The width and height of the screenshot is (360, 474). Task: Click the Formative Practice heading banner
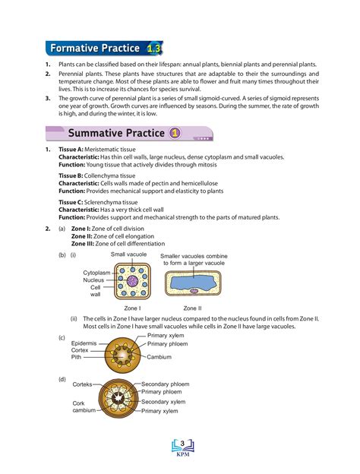pyautogui.click(x=95, y=49)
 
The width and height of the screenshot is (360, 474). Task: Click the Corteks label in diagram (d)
pyautogui.click(x=82, y=384)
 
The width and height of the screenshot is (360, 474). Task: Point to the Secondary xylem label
pyautogui.click(x=163, y=401)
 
